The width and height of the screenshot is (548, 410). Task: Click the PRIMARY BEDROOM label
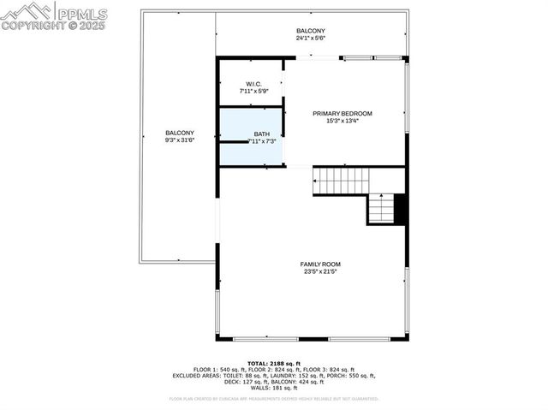(342, 113)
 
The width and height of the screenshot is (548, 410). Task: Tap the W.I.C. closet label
(253, 84)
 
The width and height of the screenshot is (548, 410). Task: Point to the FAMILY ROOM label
(320, 264)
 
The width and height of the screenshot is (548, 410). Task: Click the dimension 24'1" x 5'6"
(310, 39)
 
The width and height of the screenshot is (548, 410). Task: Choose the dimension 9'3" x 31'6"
(180, 140)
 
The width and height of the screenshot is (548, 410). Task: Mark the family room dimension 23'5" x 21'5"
(320, 272)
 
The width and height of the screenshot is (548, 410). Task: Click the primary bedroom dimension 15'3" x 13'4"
(342, 121)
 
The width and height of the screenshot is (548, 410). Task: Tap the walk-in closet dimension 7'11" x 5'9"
(253, 91)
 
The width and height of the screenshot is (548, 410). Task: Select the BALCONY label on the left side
(180, 133)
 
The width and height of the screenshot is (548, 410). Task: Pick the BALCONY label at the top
(310, 31)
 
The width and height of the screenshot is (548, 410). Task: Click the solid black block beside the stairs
(400, 209)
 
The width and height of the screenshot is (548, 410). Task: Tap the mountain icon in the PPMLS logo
(26, 11)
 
